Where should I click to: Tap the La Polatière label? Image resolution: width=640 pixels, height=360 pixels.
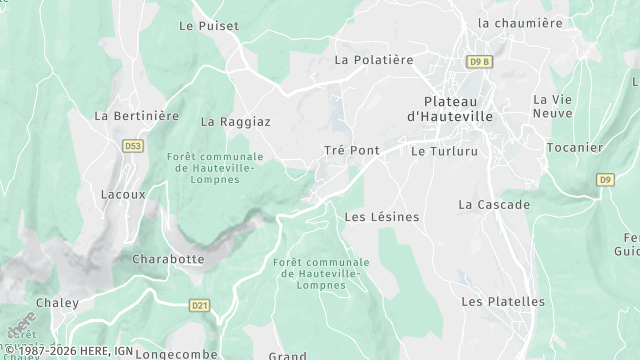click(373, 60)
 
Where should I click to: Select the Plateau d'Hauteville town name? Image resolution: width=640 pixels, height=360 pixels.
click(457, 109)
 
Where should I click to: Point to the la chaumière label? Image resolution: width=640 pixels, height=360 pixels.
click(520, 23)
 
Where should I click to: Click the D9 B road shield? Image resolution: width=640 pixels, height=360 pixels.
click(480, 62)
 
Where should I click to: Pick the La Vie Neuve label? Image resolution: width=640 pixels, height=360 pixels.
click(552, 107)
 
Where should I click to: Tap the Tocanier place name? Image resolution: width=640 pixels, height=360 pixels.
click(575, 148)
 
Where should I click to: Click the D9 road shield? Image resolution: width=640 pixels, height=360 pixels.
click(605, 180)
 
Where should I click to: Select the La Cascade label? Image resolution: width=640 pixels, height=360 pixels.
click(494, 204)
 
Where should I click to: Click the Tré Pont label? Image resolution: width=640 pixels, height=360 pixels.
click(351, 150)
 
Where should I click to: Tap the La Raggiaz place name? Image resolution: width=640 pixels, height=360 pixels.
click(236, 122)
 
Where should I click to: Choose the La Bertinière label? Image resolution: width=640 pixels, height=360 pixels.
click(136, 116)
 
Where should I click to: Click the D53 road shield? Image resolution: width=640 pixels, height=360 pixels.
click(133, 146)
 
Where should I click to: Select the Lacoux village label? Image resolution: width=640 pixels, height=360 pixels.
click(124, 194)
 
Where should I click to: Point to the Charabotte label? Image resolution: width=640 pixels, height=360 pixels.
click(168, 259)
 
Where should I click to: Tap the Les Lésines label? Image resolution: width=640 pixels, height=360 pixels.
click(381, 216)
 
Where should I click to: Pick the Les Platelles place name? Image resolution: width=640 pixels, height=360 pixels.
click(503, 301)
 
